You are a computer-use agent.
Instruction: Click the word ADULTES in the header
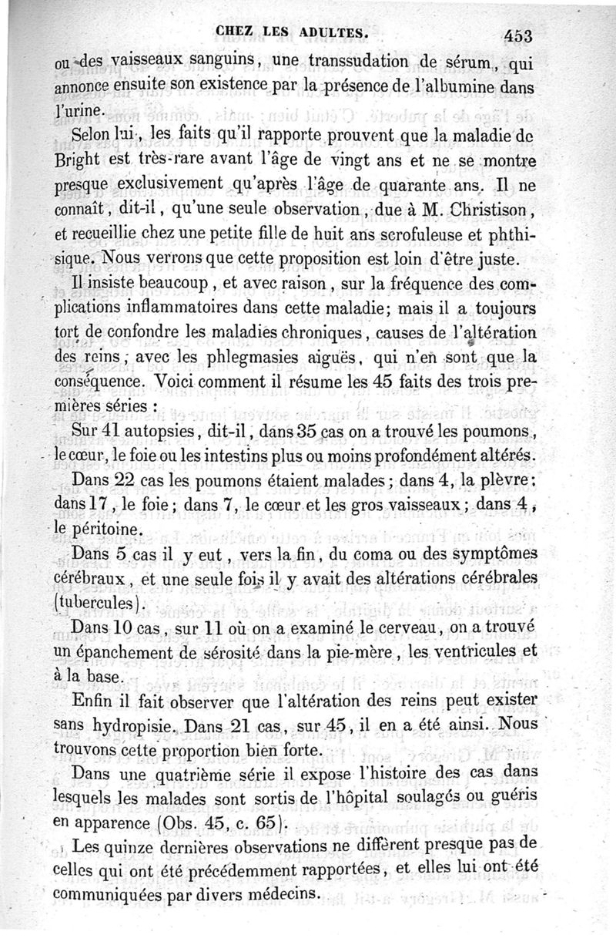(335, 32)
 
